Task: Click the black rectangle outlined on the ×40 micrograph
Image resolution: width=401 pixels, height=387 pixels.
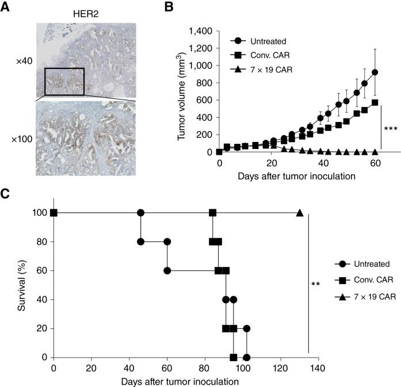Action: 64,81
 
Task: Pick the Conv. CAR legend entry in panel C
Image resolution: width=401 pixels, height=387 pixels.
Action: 368,281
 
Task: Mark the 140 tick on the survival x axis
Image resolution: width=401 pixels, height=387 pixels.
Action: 318,367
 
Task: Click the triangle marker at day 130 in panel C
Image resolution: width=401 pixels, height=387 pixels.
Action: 300,213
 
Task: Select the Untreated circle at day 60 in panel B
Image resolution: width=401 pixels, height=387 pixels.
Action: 375,72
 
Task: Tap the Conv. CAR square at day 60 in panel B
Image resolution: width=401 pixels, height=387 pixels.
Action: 375,102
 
